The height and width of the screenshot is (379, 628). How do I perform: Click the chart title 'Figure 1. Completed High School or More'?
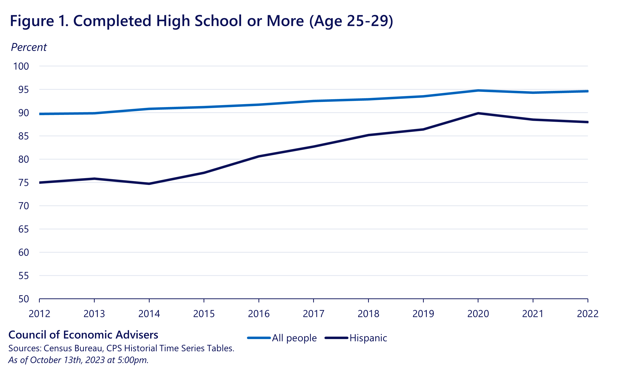pyautogui.click(x=201, y=21)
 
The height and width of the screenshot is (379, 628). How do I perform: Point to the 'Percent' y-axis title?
pyautogui.click(x=29, y=47)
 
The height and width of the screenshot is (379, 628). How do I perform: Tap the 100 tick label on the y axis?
pyautogui.click(x=21, y=66)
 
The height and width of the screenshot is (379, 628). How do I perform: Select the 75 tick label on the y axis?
pyautogui.click(x=24, y=183)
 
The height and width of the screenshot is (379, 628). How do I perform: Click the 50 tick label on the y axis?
pyautogui.click(x=24, y=299)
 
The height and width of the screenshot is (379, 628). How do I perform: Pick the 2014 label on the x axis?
pyautogui.click(x=149, y=314)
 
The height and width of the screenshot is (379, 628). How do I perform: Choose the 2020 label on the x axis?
pyautogui.click(x=478, y=314)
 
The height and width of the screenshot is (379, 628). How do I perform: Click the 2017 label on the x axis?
pyautogui.click(x=313, y=314)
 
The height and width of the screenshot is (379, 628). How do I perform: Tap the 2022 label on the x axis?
pyautogui.click(x=588, y=314)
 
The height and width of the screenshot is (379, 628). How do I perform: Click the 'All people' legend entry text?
pyautogui.click(x=294, y=338)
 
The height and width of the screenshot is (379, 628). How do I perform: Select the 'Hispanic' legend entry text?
pyautogui.click(x=368, y=338)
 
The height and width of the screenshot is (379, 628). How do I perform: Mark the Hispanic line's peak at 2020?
pyautogui.click(x=478, y=113)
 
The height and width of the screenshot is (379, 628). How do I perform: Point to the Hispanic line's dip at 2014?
pyautogui.click(x=149, y=184)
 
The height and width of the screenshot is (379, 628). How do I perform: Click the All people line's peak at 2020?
pyautogui.click(x=478, y=90)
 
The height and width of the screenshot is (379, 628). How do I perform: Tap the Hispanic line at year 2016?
pyautogui.click(x=259, y=156)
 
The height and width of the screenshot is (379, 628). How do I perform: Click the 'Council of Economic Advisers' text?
pyautogui.click(x=83, y=335)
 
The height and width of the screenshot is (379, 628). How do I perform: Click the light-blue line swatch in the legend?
pyautogui.click(x=259, y=338)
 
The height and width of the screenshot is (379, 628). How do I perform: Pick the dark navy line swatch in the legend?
pyautogui.click(x=336, y=338)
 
